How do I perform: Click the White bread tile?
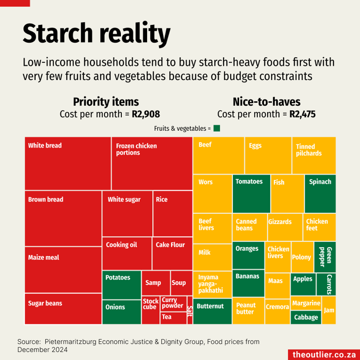click(67, 164)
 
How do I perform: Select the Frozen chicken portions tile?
click(152, 164)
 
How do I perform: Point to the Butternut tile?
click(212, 311)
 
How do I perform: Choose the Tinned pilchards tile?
click(314, 155)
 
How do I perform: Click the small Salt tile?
click(190, 310)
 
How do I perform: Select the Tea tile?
click(173, 318)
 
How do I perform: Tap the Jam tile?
click(329, 310)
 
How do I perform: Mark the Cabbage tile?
click(306, 317)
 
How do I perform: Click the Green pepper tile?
click(325, 256)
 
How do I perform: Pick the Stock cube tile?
click(150, 310)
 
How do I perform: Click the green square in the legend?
click(217, 128)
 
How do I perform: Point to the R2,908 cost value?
click(146, 114)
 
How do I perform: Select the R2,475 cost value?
click(302, 114)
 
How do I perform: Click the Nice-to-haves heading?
click(266, 102)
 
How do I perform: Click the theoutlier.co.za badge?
click(323, 354)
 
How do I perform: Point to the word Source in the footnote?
click(29, 342)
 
